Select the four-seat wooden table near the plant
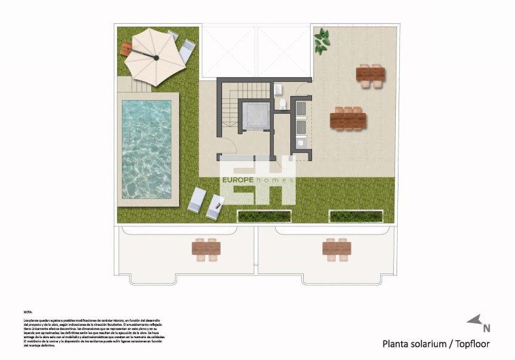tap(371, 74)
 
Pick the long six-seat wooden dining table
tap(347, 119)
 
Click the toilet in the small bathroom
tap(283, 104)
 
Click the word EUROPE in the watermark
tap(238, 180)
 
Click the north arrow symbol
tap(474, 320)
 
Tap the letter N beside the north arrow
tap(486, 328)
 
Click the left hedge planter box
tap(263, 216)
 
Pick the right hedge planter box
tap(355, 216)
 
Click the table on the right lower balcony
tap(337, 249)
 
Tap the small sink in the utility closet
tap(300, 142)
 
